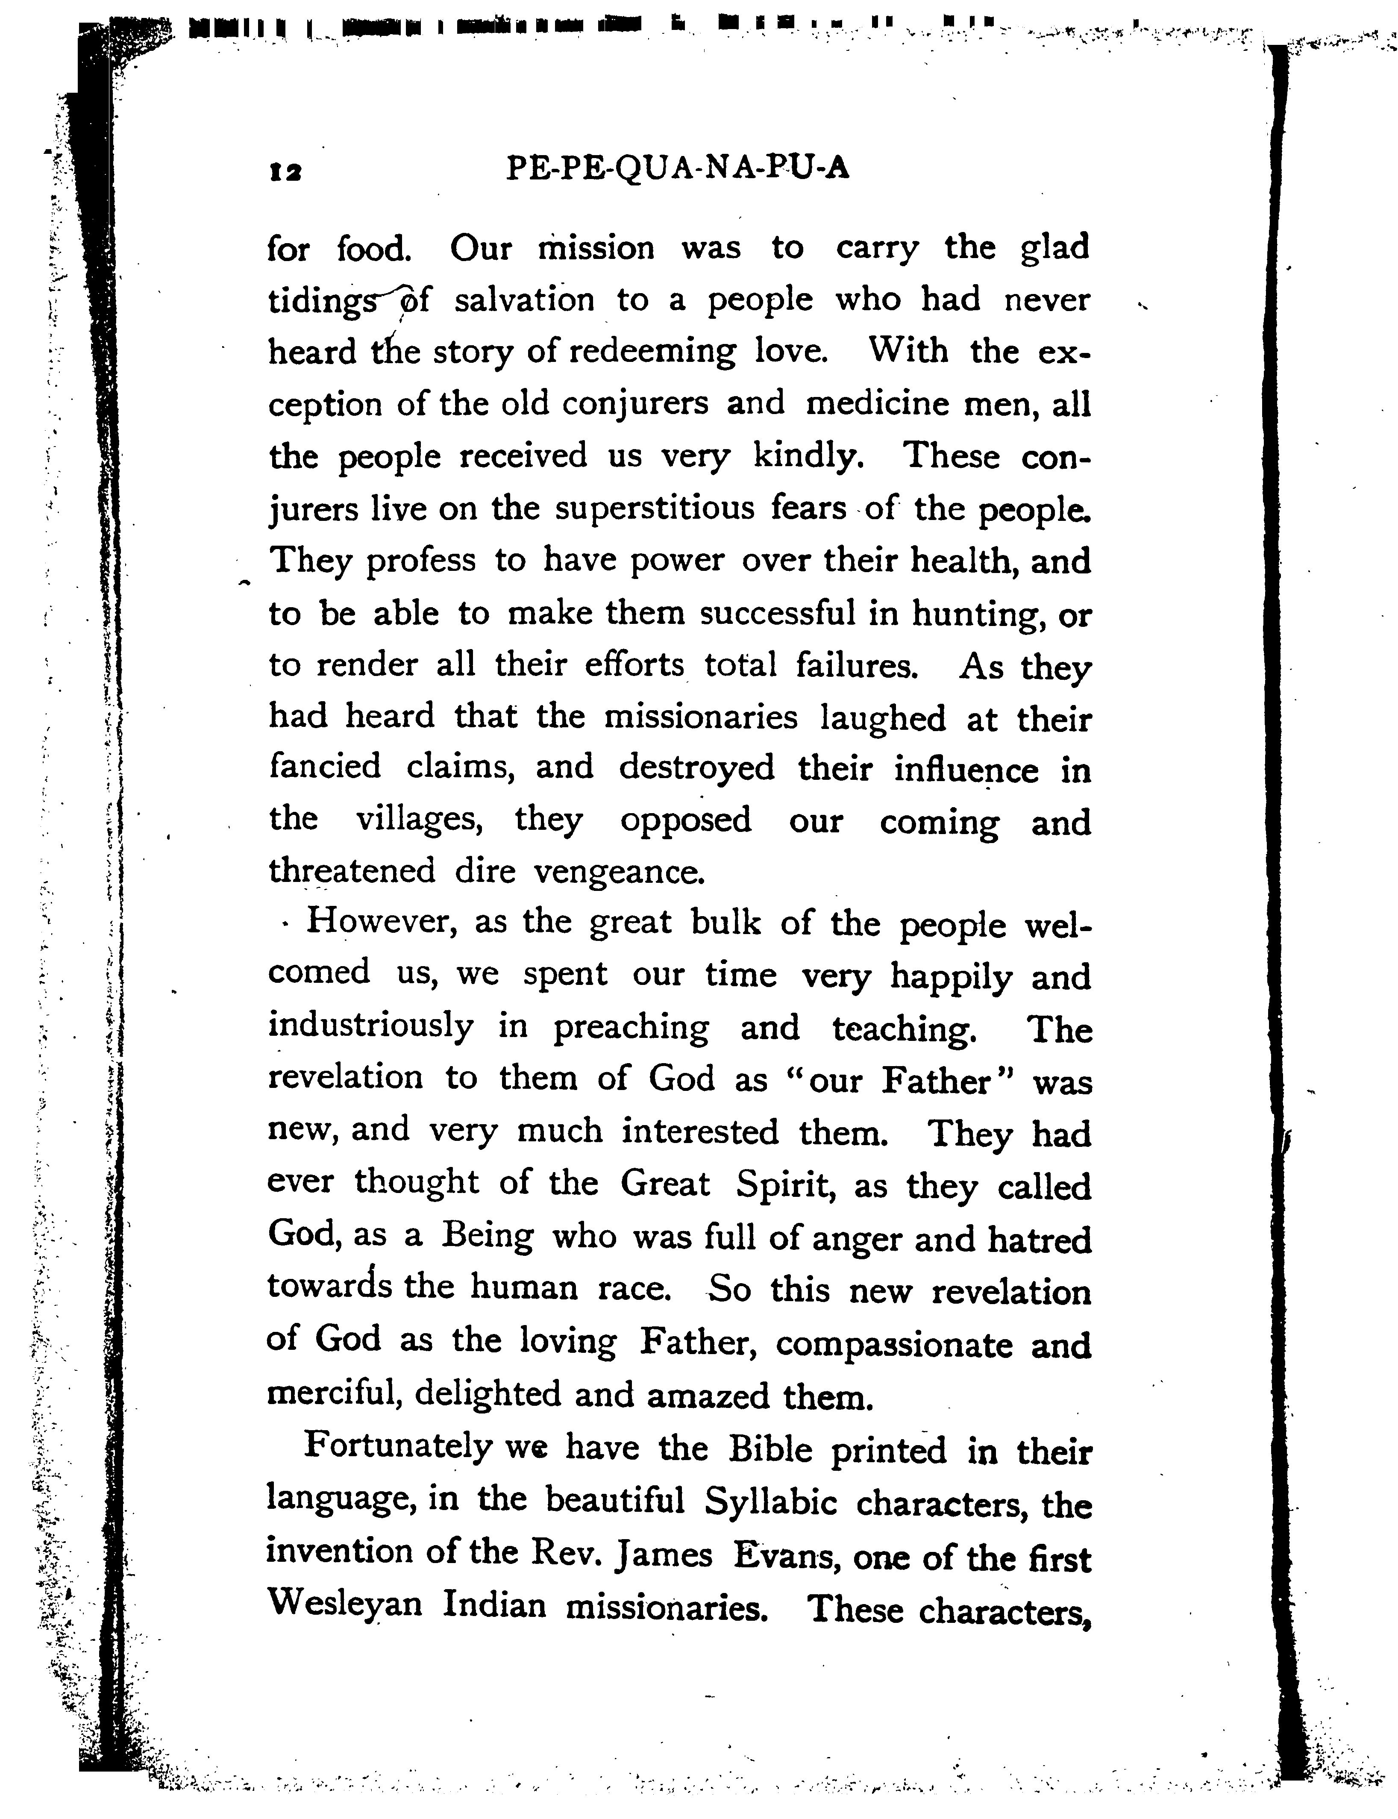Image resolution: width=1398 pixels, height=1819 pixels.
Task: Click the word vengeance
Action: pos(618,872)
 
